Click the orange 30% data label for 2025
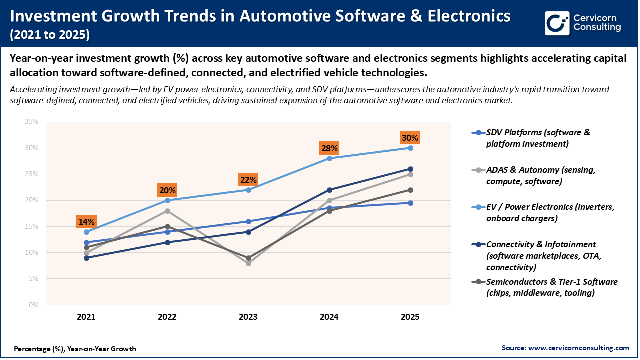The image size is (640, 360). tap(410, 138)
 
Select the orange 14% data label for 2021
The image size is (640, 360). tap(86, 222)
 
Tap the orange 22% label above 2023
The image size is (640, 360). tap(248, 180)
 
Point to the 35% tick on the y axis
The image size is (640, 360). tap(31, 122)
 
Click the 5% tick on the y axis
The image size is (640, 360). tap(33, 279)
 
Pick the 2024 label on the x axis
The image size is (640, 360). tap(329, 317)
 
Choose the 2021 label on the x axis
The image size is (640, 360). tap(86, 317)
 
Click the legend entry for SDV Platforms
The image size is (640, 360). tap(538, 138)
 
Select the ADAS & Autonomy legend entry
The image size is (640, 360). tap(540, 175)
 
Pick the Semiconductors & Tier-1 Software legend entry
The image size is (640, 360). tap(551, 287)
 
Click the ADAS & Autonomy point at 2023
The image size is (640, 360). tap(248, 263)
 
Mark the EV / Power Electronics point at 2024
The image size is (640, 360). tap(329, 158)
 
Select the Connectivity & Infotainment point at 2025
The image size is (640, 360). tap(410, 169)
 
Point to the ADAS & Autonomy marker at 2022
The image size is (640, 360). tap(167, 211)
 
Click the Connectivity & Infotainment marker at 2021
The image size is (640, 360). tap(86, 258)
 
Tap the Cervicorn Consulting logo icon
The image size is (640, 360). tap(557, 23)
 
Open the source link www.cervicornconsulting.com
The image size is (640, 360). tap(578, 348)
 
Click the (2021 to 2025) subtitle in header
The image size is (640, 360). tap(50, 35)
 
